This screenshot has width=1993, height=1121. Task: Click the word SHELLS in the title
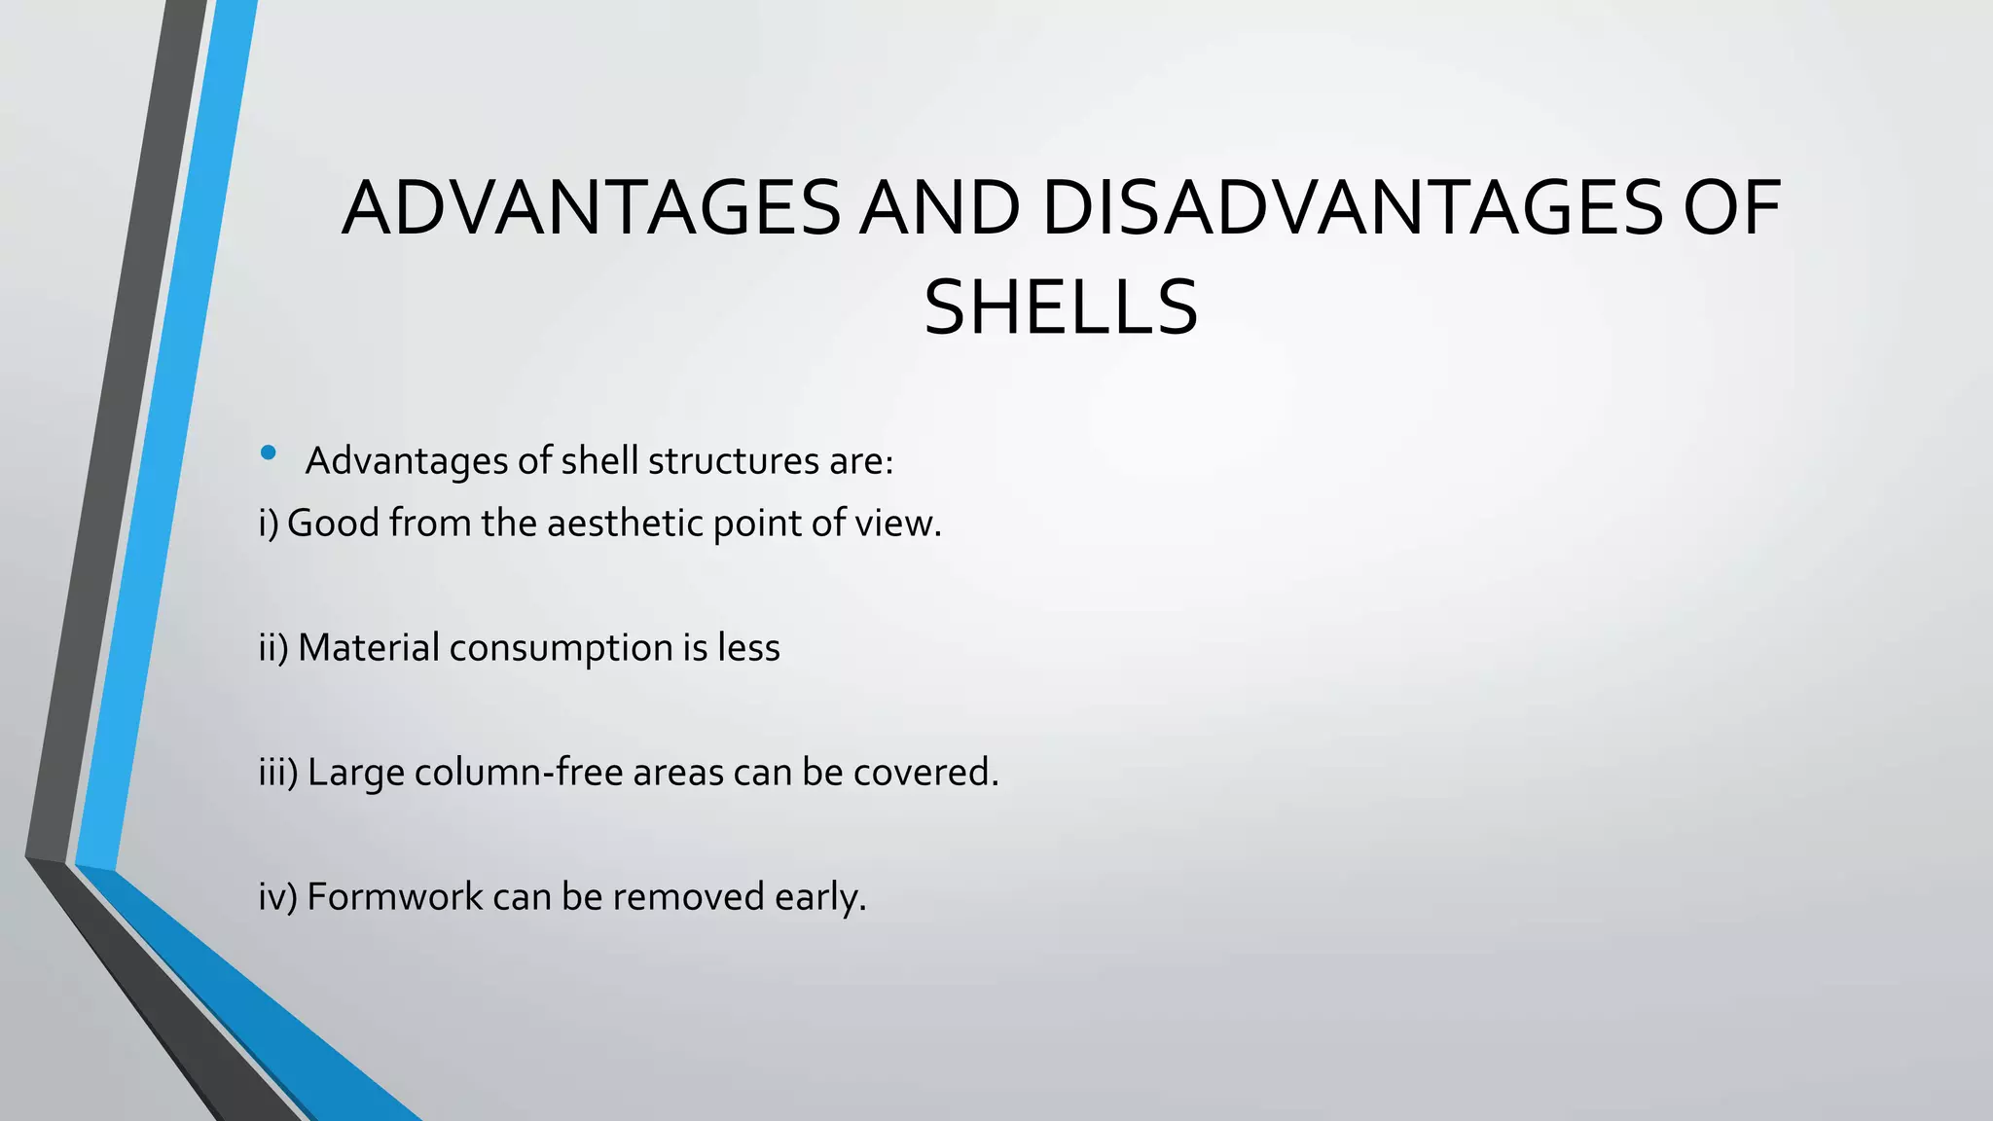pos(1060,308)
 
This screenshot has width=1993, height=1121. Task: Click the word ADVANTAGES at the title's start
pos(591,208)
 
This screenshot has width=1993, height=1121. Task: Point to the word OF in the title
pos(1732,208)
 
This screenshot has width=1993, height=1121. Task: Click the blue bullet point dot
pos(269,452)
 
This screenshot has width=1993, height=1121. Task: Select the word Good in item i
pos(333,524)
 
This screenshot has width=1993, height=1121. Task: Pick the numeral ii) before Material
pos(273,648)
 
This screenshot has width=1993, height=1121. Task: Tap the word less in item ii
pos(748,648)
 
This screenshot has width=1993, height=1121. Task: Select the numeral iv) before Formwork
pos(277,897)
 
